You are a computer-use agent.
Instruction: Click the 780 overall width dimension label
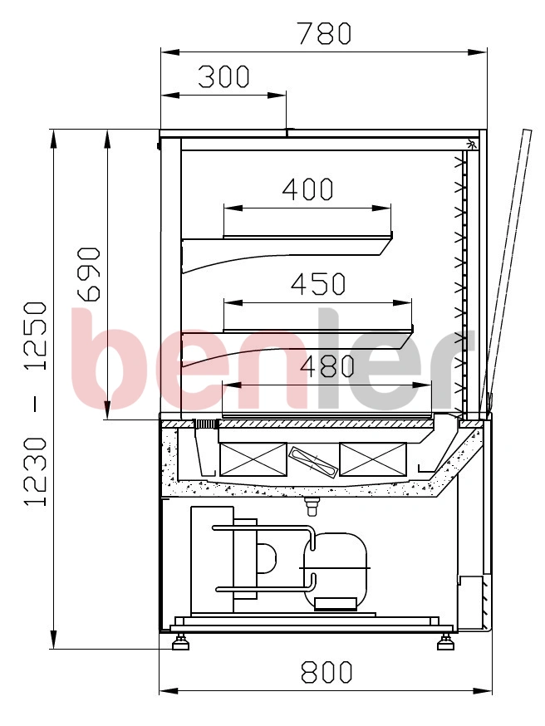click(x=324, y=34)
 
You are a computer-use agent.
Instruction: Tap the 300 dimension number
click(x=223, y=77)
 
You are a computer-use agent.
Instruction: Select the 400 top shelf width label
click(x=307, y=189)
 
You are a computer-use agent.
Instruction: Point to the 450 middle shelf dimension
click(x=318, y=284)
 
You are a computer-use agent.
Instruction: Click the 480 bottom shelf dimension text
click(x=327, y=366)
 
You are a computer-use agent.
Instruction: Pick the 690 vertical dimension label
click(x=89, y=275)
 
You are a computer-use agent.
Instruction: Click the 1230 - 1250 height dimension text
click(x=36, y=404)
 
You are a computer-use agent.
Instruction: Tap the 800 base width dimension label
click(x=327, y=672)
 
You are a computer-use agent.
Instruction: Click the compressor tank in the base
click(x=335, y=571)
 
